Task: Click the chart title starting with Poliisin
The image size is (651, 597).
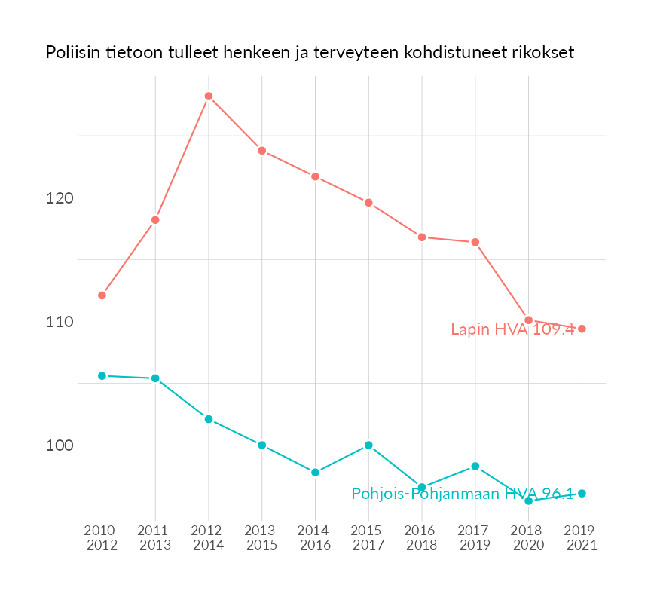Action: pyautogui.click(x=310, y=53)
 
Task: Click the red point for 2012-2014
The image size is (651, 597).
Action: pyautogui.click(x=209, y=96)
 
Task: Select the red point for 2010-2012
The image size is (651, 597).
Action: pyautogui.click(x=102, y=295)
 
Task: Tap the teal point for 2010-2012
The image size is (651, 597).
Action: pyautogui.click(x=102, y=375)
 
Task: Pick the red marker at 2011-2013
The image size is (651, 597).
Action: pyautogui.click(x=155, y=220)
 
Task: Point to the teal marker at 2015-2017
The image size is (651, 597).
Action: pyautogui.click(x=368, y=445)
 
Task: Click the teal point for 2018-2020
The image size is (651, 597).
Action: pyautogui.click(x=529, y=501)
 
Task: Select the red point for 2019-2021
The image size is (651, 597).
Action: pyautogui.click(x=582, y=329)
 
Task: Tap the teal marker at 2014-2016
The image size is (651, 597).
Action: pyautogui.click(x=316, y=473)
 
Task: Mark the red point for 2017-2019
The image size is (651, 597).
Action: pyautogui.click(x=475, y=242)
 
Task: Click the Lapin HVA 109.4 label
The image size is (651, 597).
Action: pyautogui.click(x=512, y=329)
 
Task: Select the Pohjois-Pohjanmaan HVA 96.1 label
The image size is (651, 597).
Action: pyautogui.click(x=463, y=494)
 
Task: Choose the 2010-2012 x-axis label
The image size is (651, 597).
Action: pyautogui.click(x=102, y=538)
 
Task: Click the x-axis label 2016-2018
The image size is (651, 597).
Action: pyautogui.click(x=422, y=538)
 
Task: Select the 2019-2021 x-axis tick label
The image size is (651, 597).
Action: pyautogui.click(x=582, y=538)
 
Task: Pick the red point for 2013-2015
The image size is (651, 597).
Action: pyautogui.click(x=262, y=151)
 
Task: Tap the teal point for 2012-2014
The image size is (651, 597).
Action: pyautogui.click(x=209, y=419)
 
